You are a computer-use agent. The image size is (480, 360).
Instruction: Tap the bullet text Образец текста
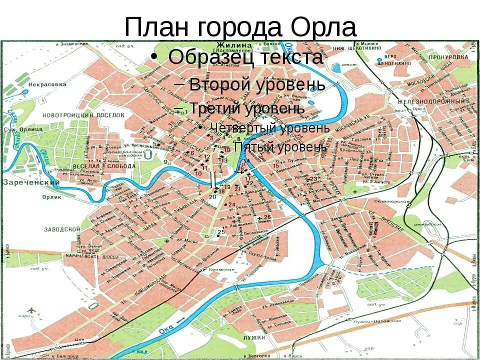click(245, 57)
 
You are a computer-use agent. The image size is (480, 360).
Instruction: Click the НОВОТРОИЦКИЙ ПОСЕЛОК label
click(83, 115)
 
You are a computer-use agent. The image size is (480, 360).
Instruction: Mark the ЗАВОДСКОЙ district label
click(62, 229)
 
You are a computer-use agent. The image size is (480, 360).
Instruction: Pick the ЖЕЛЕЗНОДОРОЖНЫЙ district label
click(431, 101)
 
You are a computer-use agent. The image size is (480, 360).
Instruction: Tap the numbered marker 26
click(267, 217)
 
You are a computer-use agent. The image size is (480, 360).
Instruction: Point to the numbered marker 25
click(221, 232)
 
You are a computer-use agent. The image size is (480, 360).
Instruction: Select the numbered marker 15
click(275, 165)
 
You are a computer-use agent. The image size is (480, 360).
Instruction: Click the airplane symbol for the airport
click(31, 310)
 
